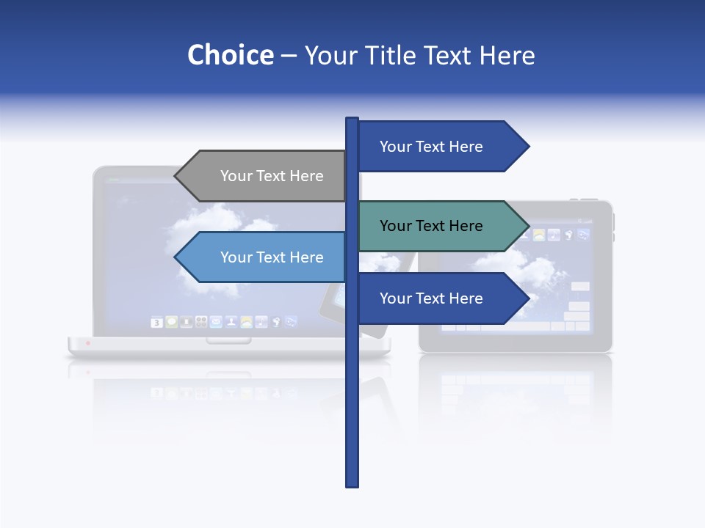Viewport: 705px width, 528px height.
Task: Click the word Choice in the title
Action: click(230, 55)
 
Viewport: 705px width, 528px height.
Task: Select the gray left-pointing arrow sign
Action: click(264, 176)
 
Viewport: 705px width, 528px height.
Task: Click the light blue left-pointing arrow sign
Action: click(264, 257)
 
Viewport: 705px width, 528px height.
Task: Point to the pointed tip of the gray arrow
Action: click(177, 176)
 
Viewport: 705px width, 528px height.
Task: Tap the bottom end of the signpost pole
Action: click(352, 484)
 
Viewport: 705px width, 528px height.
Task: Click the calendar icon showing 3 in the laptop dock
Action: click(156, 322)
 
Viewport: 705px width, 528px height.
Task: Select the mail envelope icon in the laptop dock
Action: click(216, 322)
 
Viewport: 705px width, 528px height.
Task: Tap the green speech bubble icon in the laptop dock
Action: click(171, 322)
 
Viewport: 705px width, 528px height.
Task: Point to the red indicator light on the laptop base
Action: click(88, 342)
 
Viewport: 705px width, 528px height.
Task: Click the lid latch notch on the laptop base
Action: click(228, 340)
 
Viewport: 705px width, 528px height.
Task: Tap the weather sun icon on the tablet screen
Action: click(539, 235)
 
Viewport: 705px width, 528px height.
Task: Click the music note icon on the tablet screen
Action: click(554, 235)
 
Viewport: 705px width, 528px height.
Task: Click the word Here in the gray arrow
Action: click(306, 176)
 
